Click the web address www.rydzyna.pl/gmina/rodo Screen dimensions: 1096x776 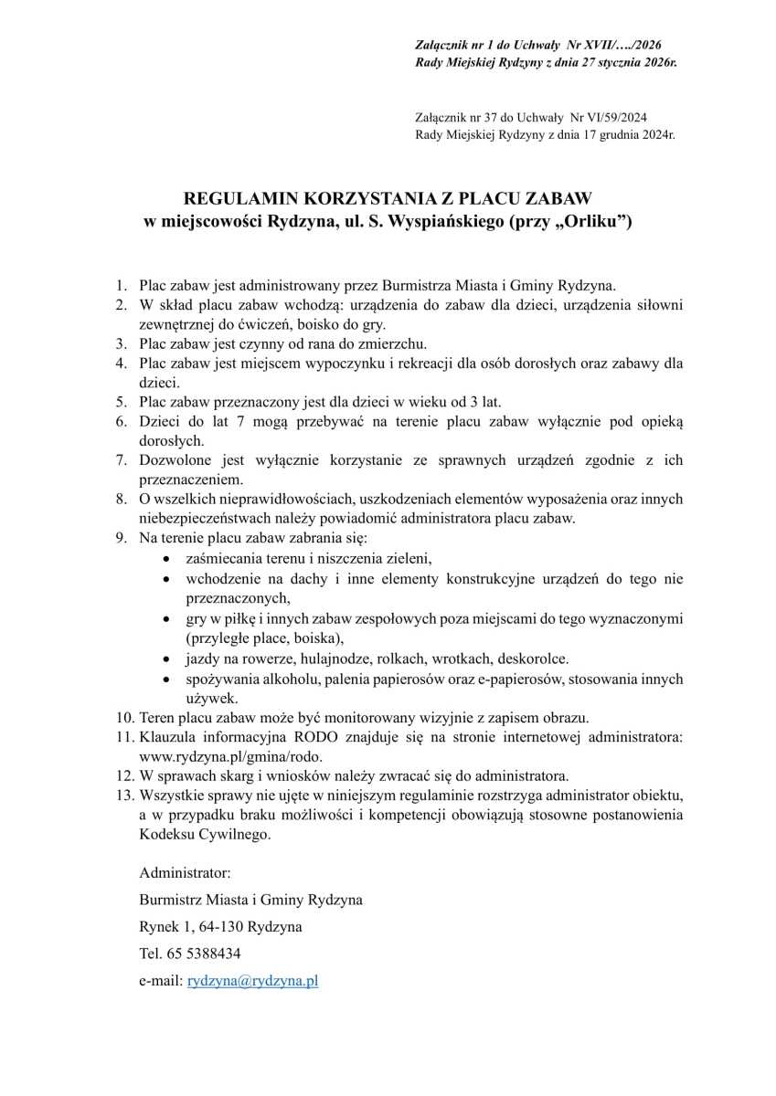(x=231, y=756)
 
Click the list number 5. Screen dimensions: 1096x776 (x=120, y=401)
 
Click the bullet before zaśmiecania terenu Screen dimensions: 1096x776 (x=165, y=557)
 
